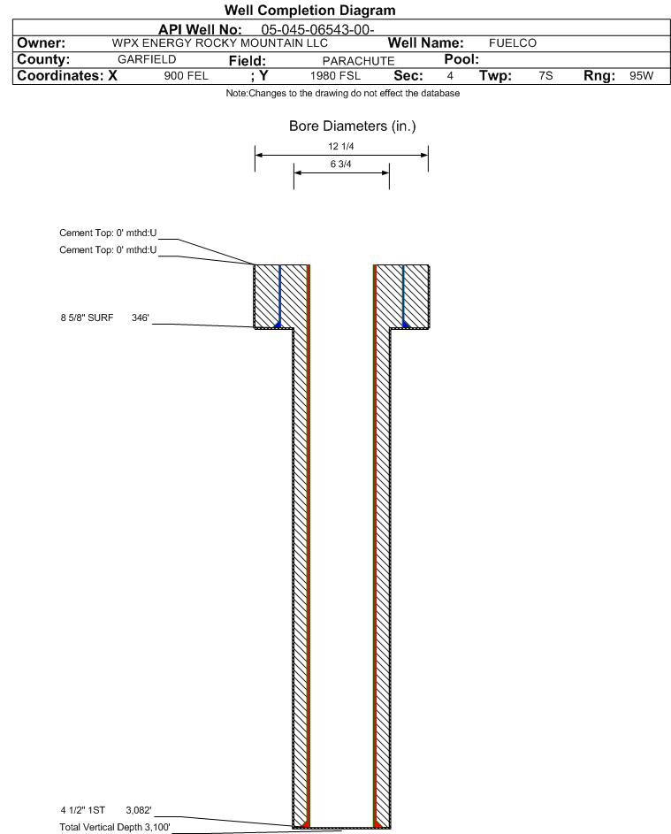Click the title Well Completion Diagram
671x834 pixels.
310,10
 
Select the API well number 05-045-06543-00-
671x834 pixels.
317,30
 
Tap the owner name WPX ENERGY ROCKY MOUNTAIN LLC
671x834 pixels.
219,43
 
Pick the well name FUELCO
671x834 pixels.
513,43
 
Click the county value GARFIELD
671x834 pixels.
147,59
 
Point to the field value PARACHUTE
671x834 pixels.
358,61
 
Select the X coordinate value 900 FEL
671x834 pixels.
186,76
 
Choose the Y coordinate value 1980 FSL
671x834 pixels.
335,76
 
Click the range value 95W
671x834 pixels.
641,75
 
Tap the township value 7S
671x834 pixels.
545,75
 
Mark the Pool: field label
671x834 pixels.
461,59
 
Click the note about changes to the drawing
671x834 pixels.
342,93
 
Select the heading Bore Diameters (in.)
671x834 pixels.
352,126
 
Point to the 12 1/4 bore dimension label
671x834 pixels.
341,146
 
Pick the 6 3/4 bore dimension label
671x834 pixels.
341,164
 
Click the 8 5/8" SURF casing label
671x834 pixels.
87,318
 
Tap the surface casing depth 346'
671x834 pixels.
141,318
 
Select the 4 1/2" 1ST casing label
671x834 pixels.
82,810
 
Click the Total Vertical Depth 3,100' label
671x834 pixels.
115,827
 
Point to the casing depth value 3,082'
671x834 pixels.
139,810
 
